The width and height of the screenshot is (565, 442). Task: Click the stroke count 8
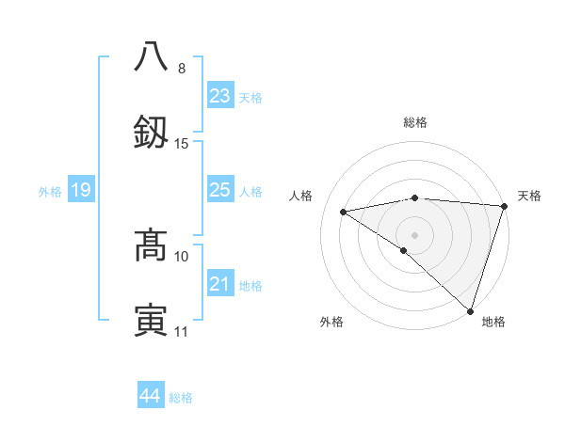pyautogui.click(x=182, y=68)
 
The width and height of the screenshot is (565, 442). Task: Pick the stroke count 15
pyautogui.click(x=182, y=143)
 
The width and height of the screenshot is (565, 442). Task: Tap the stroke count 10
pyautogui.click(x=182, y=256)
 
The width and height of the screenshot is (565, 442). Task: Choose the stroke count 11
pyautogui.click(x=182, y=331)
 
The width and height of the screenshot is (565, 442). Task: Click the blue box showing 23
pyautogui.click(x=219, y=95)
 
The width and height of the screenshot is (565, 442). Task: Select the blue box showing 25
pyautogui.click(x=219, y=190)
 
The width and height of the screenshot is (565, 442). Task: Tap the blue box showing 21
pyautogui.click(x=219, y=284)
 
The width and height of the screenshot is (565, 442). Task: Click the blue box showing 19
pyautogui.click(x=80, y=190)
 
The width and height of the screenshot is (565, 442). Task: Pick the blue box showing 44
pyautogui.click(x=150, y=396)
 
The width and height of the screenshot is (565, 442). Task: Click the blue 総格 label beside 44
pyautogui.click(x=181, y=398)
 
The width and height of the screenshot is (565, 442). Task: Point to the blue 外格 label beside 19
pyautogui.click(x=50, y=192)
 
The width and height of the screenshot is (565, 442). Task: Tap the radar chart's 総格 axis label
pyautogui.click(x=414, y=122)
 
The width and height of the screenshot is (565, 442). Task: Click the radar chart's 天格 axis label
pyautogui.click(x=529, y=196)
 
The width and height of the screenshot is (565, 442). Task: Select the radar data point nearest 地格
pyautogui.click(x=470, y=310)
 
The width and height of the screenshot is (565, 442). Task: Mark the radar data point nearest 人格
pyautogui.click(x=344, y=212)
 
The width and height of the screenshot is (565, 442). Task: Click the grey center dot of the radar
pyautogui.click(x=414, y=234)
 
